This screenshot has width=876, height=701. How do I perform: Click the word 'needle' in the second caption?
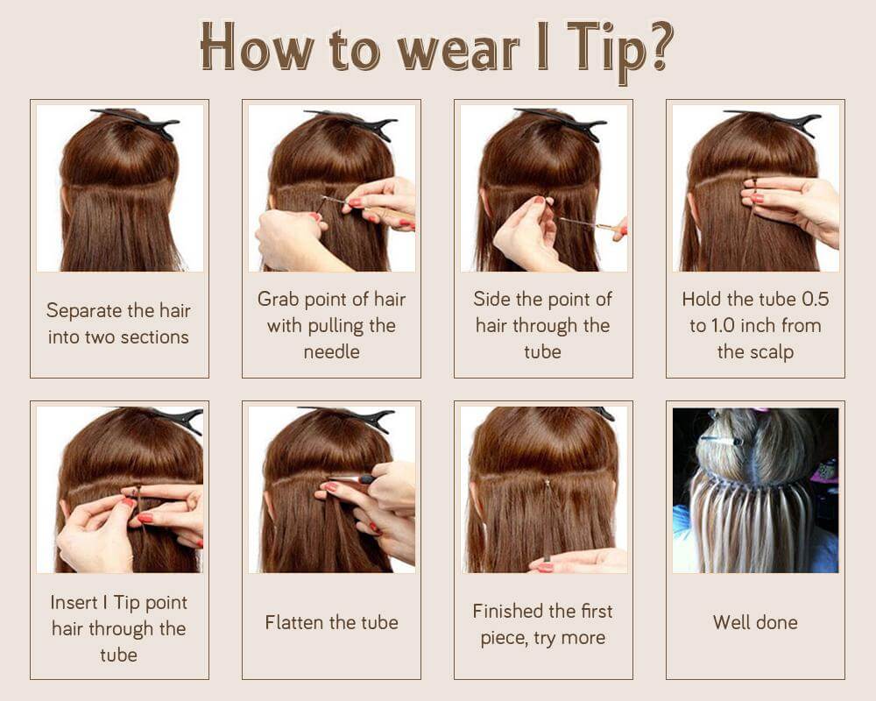pyautogui.click(x=331, y=352)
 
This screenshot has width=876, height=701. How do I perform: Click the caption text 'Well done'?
pyautogui.click(x=755, y=623)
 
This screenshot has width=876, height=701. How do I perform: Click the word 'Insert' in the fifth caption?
pyautogui.click(x=75, y=602)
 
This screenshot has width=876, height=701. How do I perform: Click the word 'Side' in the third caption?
pyautogui.click(x=492, y=299)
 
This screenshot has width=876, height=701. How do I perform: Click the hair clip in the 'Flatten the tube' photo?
pyautogui.click(x=350, y=416)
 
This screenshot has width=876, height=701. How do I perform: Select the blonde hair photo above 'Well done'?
pyautogui.click(x=755, y=490)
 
